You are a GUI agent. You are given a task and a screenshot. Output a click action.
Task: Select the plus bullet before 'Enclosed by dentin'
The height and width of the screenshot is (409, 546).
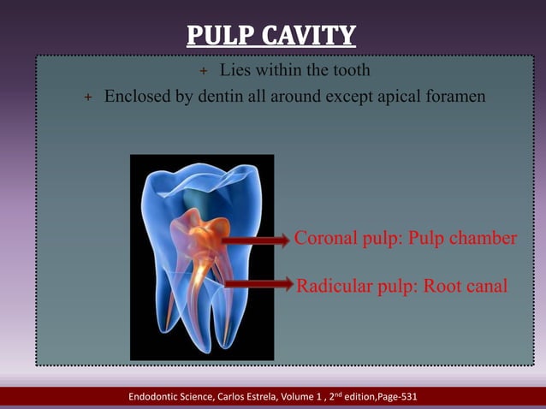pos(86,98)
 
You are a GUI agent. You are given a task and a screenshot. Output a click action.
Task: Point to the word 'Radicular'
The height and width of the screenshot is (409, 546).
pos(334,286)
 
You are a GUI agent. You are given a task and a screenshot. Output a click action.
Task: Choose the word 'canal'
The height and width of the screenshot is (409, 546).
pos(485,286)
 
